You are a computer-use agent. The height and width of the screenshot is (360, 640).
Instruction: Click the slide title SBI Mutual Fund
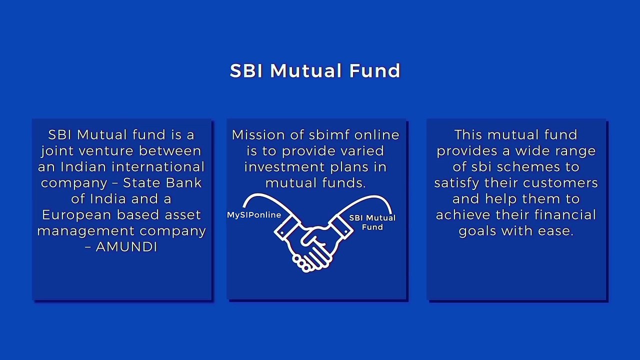click(x=315, y=70)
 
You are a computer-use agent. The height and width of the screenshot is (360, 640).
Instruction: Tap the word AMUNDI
click(x=126, y=247)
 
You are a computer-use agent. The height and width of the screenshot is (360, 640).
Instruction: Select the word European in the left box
click(x=76, y=215)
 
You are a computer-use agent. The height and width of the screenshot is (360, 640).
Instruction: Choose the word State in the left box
click(x=140, y=183)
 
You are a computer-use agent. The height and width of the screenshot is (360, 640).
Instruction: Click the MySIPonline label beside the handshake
click(x=254, y=215)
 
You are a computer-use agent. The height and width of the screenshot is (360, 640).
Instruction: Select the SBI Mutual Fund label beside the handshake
click(x=372, y=222)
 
